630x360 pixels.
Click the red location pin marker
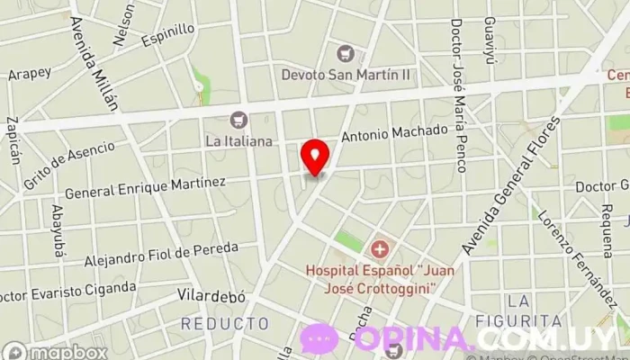tap(315, 157)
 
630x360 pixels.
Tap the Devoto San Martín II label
tap(346, 74)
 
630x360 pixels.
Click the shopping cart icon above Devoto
tap(345, 52)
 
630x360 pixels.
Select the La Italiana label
tap(238, 140)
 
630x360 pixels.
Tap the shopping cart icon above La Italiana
tap(238, 119)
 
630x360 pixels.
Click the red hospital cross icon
tap(380, 247)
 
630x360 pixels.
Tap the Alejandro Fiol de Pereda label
tap(161, 254)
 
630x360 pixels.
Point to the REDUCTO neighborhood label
tap(225, 322)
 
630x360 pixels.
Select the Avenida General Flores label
tap(509, 184)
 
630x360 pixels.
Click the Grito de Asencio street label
tap(70, 165)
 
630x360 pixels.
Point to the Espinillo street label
tap(168, 35)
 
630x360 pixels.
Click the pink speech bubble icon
tap(319, 338)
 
